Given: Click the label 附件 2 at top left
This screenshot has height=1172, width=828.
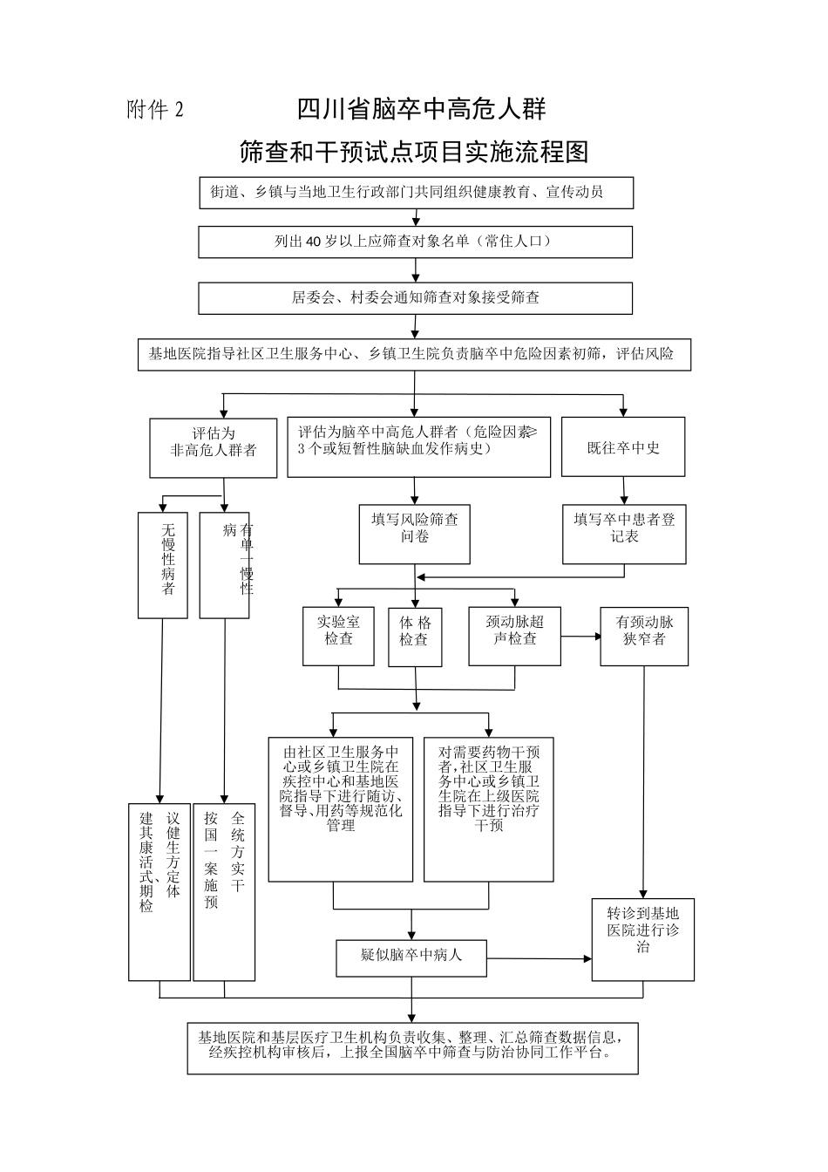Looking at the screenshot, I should pyautogui.click(x=156, y=110).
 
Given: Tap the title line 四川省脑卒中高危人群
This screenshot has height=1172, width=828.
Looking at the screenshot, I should pyautogui.click(x=421, y=110).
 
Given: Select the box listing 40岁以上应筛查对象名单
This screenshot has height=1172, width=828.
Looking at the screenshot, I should pyautogui.click(x=415, y=242).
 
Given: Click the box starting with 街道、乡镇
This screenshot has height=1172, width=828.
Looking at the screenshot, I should pyautogui.click(x=415, y=192).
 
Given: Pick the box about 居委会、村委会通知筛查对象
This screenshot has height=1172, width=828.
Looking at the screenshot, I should pyautogui.click(x=415, y=297).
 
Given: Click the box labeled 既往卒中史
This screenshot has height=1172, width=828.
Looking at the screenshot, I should pyautogui.click(x=623, y=446).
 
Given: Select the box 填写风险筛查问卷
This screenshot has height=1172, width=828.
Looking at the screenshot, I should pyautogui.click(x=415, y=533).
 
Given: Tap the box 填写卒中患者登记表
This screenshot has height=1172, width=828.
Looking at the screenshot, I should pyautogui.click(x=624, y=533).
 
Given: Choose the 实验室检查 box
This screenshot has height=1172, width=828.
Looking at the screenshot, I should pyautogui.click(x=338, y=637).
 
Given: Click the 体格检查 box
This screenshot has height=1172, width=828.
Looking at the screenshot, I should pyautogui.click(x=415, y=637).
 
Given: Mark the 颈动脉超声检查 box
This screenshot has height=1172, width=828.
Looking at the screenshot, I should pyautogui.click(x=514, y=637).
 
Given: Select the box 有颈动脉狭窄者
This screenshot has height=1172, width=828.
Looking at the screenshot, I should pyautogui.click(x=644, y=637).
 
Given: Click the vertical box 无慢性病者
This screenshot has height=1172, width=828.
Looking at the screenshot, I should pyautogui.click(x=163, y=564).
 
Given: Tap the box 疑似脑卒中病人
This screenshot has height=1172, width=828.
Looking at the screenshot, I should pyautogui.click(x=411, y=957).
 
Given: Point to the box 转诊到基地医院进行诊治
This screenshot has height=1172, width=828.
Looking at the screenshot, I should pyautogui.click(x=643, y=939).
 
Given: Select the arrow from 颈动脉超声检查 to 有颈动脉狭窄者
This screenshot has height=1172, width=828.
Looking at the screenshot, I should pyautogui.click(x=580, y=637).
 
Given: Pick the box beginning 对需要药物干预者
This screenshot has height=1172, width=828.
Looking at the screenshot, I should pyautogui.click(x=488, y=808).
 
